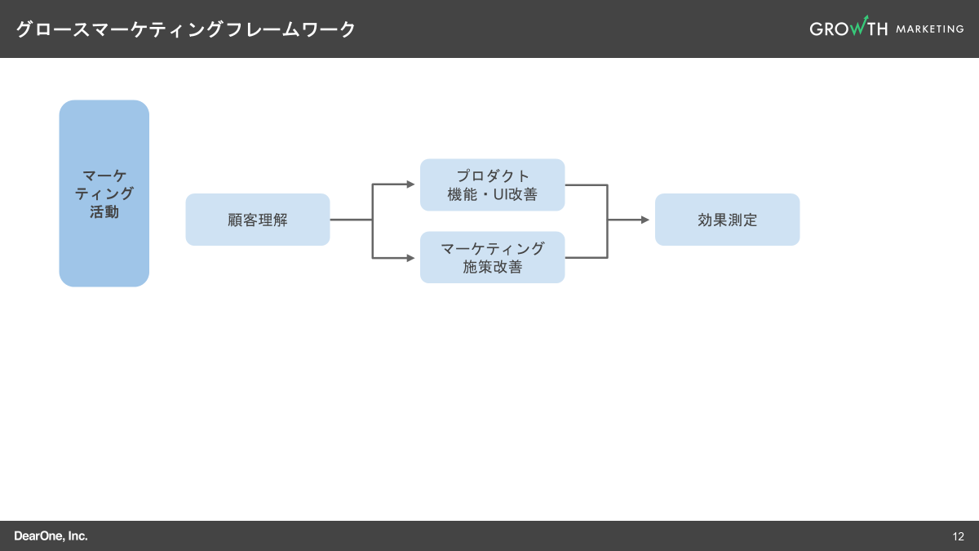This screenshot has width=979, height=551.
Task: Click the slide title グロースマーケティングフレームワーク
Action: pos(186,29)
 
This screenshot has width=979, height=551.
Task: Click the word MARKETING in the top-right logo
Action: pos(929,29)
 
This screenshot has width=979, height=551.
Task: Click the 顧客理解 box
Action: pos(258,220)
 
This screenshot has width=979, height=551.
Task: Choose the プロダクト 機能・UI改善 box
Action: pos(492,185)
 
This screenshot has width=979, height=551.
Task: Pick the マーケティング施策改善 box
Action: pos(492,257)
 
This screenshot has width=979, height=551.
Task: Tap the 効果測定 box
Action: pos(727,220)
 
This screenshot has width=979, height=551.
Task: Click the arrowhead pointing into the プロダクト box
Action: pos(411,184)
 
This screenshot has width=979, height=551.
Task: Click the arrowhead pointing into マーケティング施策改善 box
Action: pos(411,258)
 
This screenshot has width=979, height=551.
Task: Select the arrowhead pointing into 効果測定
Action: pos(645,220)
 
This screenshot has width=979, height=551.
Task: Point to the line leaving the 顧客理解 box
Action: pos(351,220)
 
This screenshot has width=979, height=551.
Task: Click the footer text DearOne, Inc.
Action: pos(51,536)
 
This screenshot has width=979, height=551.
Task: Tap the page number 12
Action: pos(958,536)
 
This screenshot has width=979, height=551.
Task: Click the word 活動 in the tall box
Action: pos(104,212)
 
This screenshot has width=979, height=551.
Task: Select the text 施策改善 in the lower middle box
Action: pos(492,267)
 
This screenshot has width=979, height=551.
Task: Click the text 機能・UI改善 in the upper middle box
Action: pos(492,195)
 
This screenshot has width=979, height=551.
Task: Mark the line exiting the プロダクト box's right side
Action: pos(586,184)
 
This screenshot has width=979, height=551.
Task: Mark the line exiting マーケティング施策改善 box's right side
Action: pos(586,258)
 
